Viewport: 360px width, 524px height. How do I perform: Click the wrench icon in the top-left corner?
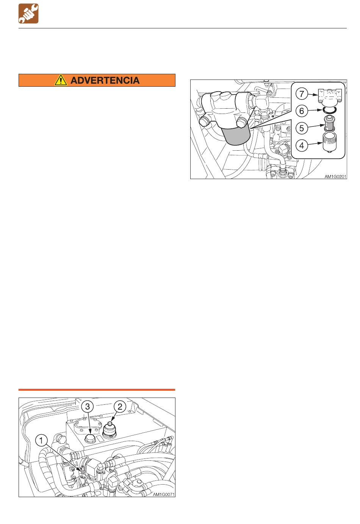[28, 14]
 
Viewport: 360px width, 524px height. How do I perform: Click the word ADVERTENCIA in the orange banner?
[105, 81]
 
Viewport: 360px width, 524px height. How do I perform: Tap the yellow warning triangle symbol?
[61, 80]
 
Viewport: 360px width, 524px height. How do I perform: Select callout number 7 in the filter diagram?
[302, 94]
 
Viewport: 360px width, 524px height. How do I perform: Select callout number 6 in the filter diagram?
[302, 111]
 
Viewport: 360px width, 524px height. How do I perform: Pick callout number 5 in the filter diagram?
[302, 128]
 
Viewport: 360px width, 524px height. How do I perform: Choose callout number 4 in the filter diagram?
[302, 145]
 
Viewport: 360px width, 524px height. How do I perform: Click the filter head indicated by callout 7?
[330, 97]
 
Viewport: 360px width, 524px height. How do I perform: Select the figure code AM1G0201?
[335, 176]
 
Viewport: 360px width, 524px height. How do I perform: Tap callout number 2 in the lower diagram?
[120, 407]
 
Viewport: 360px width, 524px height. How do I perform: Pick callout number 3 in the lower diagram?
[88, 407]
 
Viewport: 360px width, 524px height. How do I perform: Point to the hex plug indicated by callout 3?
[89, 438]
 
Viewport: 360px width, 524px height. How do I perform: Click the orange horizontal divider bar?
[97, 390]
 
